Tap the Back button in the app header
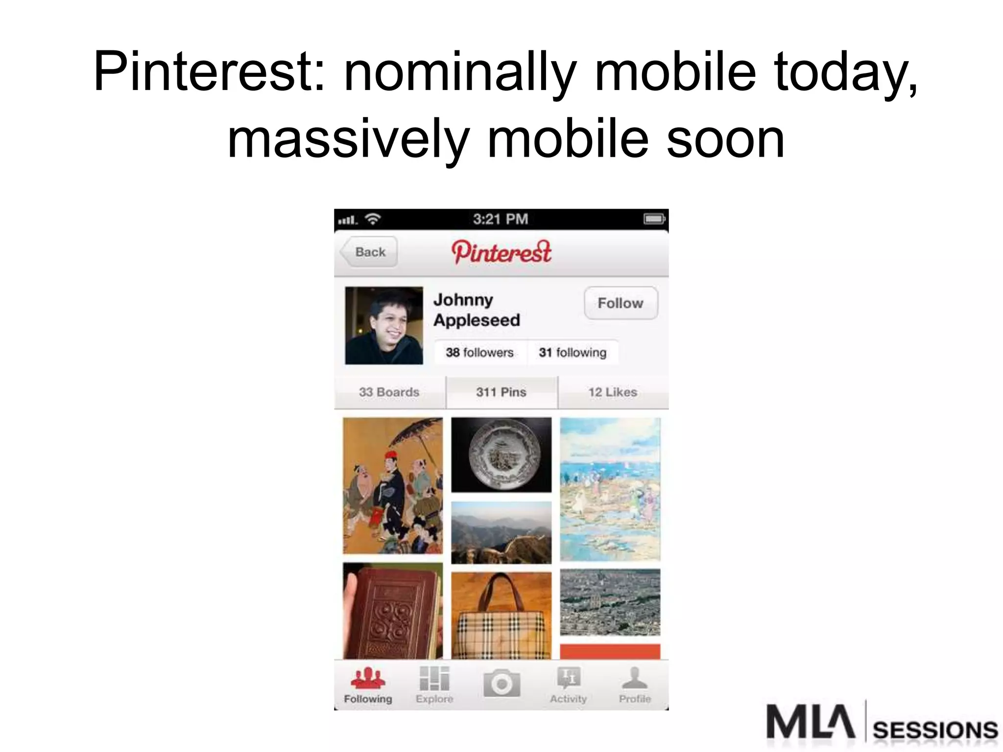click(x=369, y=252)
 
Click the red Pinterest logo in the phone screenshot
click(x=501, y=252)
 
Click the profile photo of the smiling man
click(x=384, y=326)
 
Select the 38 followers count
click(x=479, y=352)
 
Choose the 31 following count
click(x=573, y=352)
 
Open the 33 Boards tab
click(x=389, y=392)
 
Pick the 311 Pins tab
click(x=501, y=392)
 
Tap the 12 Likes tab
click(x=613, y=392)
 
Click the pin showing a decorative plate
click(x=501, y=454)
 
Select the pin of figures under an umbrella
click(x=393, y=486)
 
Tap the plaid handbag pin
click(x=501, y=616)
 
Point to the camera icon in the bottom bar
click(x=501, y=683)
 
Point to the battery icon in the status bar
click(x=654, y=219)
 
